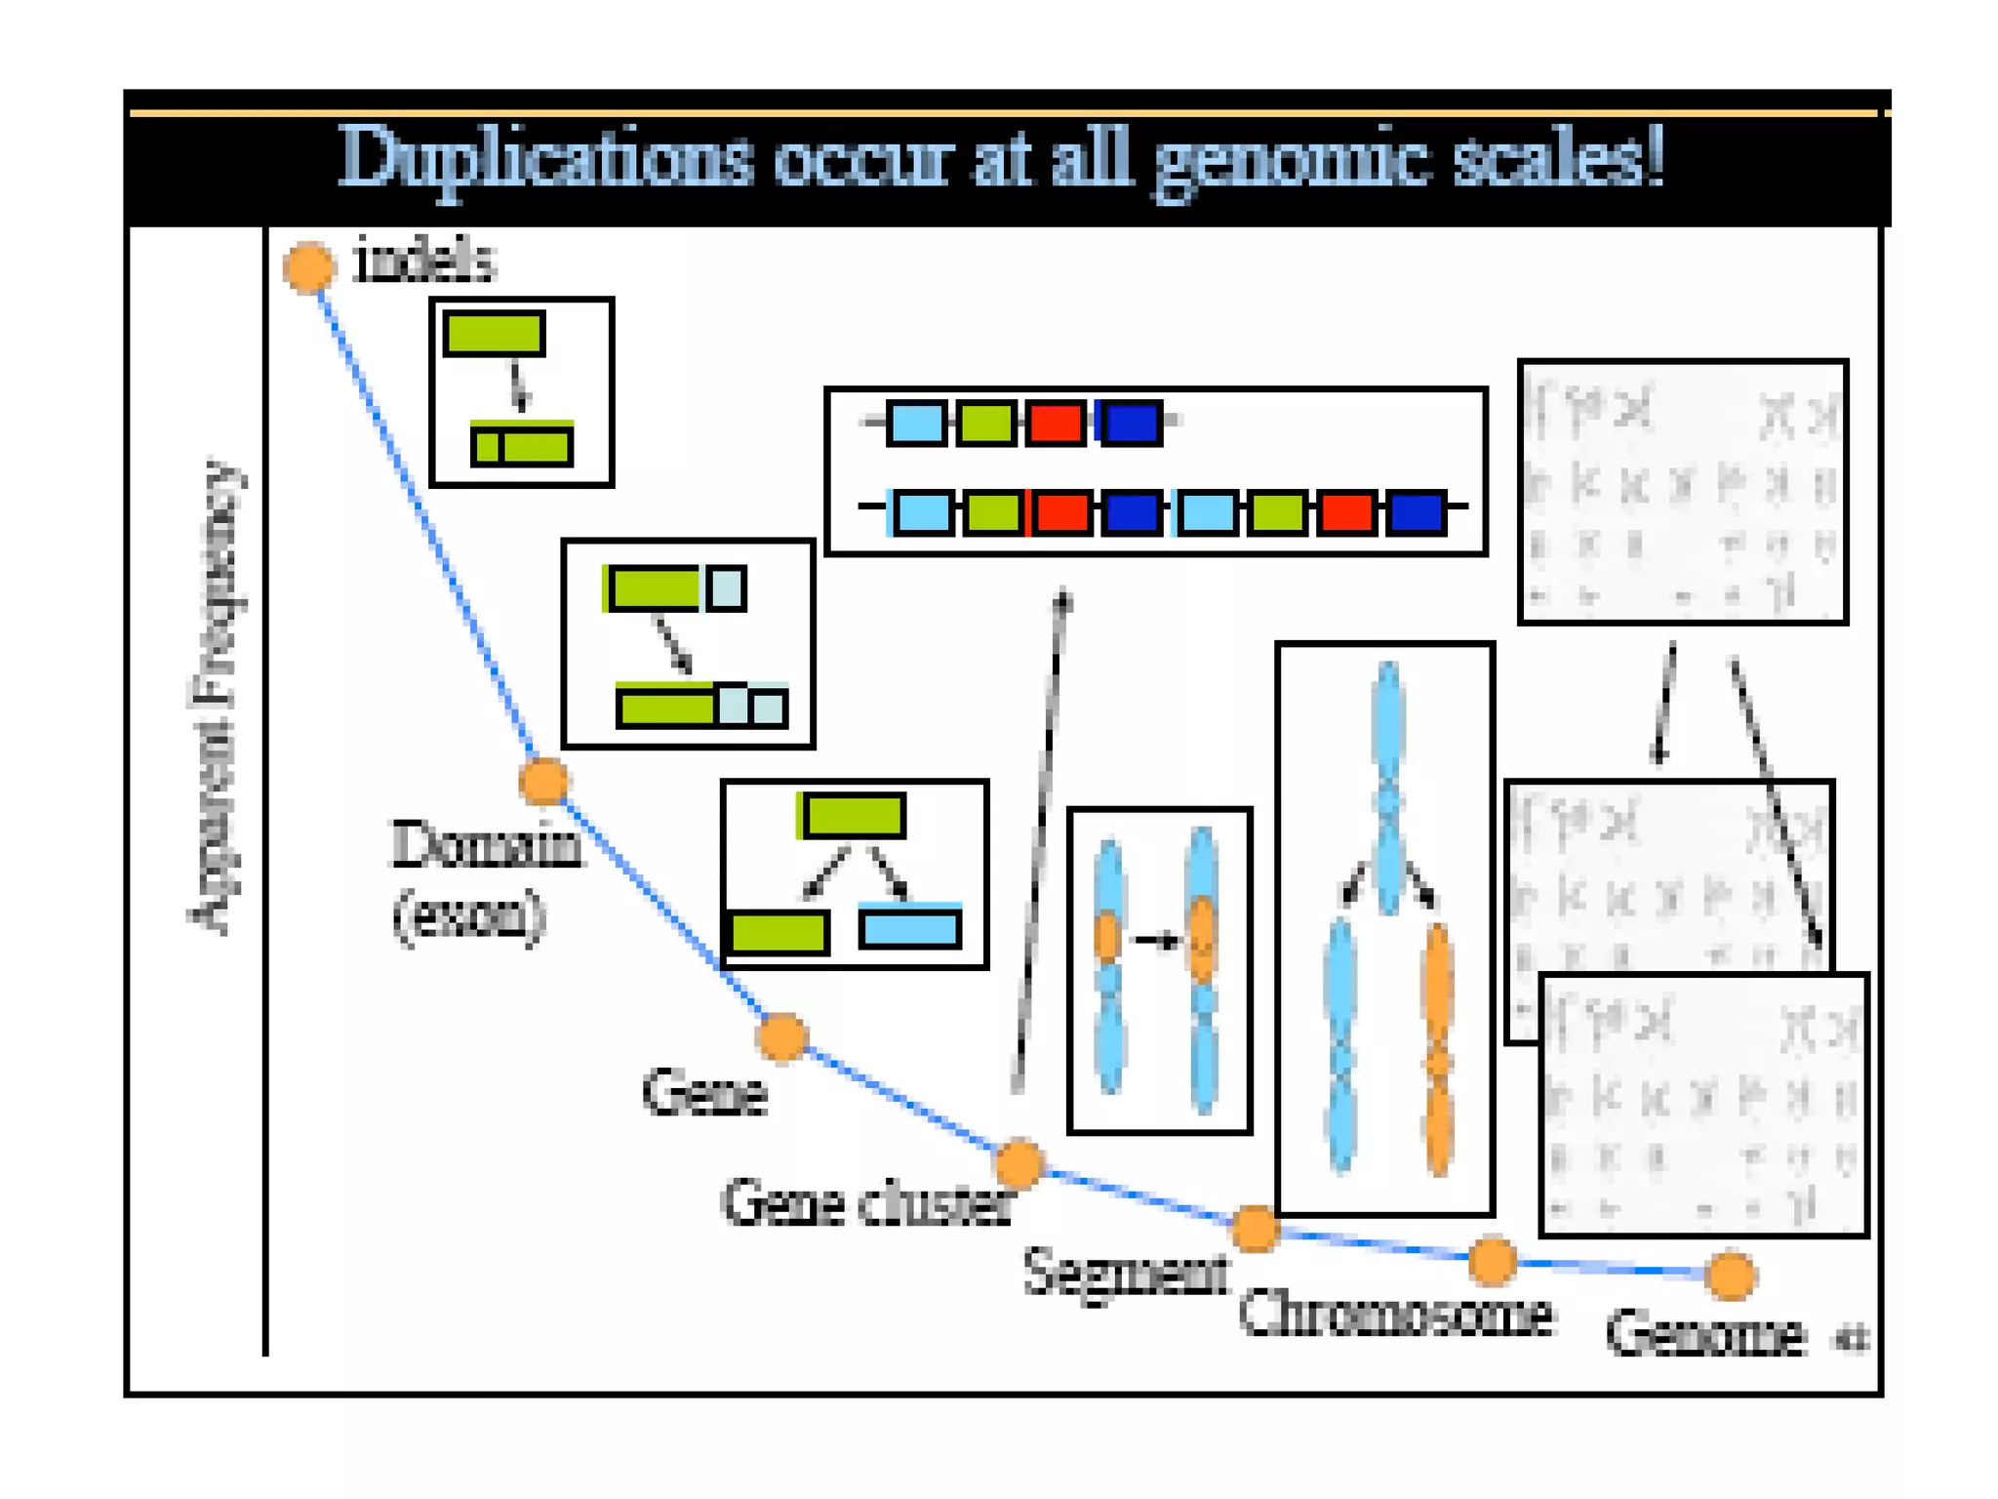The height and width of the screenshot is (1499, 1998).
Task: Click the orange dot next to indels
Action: (x=309, y=266)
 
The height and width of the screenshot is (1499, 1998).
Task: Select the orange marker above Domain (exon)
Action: (x=543, y=781)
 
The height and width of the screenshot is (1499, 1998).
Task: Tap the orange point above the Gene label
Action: (x=781, y=1036)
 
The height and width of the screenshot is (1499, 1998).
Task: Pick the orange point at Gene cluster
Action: (x=1019, y=1163)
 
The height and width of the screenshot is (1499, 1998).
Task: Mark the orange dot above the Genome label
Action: (x=1731, y=1276)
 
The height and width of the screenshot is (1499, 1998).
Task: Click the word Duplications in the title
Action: (x=546, y=159)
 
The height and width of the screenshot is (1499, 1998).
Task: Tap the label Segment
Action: (x=1126, y=1273)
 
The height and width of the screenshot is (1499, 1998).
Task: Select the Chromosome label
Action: (x=1395, y=1314)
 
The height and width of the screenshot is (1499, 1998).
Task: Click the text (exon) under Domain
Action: (x=469, y=915)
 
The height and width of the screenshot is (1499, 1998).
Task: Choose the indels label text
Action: (x=425, y=262)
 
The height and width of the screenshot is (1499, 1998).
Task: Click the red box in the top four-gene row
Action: (x=1055, y=424)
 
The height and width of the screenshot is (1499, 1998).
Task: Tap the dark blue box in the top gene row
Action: (x=1131, y=424)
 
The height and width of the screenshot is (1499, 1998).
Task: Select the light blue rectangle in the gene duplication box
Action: (x=909, y=927)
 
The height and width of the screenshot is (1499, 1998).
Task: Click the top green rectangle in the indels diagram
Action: (x=494, y=334)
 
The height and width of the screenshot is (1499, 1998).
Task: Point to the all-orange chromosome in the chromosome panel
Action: (x=1438, y=1049)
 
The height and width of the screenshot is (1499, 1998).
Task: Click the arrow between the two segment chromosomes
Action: (x=1156, y=941)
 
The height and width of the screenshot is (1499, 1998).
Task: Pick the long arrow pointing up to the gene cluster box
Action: (x=1040, y=839)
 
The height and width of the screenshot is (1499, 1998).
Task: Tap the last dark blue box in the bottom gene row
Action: (x=1416, y=513)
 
